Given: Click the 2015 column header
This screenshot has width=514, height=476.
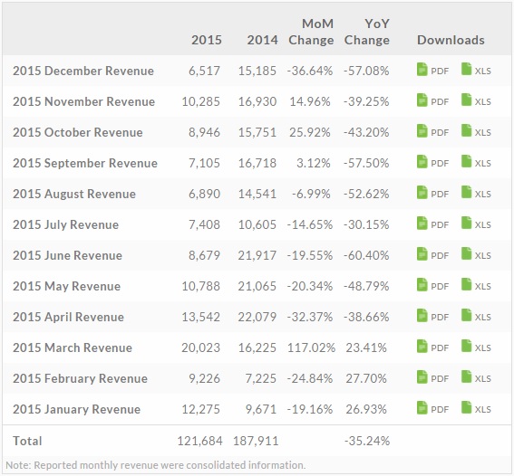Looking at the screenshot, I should tap(207, 40).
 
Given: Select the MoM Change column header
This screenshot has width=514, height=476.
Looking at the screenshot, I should tap(311, 32).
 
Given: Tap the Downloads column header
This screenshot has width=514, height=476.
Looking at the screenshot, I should tap(451, 40).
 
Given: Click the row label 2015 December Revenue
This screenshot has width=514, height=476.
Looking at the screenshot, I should tap(82, 71).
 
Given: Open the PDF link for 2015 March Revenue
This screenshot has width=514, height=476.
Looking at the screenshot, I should tap(432, 347).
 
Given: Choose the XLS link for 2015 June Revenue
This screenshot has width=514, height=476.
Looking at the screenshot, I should tap(476, 255).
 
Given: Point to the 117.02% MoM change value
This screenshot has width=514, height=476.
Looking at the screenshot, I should tap(310, 347).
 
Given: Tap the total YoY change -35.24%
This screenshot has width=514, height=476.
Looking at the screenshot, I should tap(367, 441).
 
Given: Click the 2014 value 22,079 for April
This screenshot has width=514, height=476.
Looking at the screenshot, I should tap(257, 317).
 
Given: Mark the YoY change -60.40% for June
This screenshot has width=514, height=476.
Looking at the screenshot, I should tap(367, 255).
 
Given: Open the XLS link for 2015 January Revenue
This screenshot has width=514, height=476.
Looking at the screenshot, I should tap(476, 409).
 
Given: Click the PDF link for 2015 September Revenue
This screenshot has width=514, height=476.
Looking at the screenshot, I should tap(432, 163).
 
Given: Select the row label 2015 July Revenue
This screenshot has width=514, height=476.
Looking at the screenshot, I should tap(65, 224).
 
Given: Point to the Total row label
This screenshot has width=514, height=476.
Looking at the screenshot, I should tap(27, 441).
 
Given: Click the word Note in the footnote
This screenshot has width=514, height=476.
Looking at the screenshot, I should tap(16, 465).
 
